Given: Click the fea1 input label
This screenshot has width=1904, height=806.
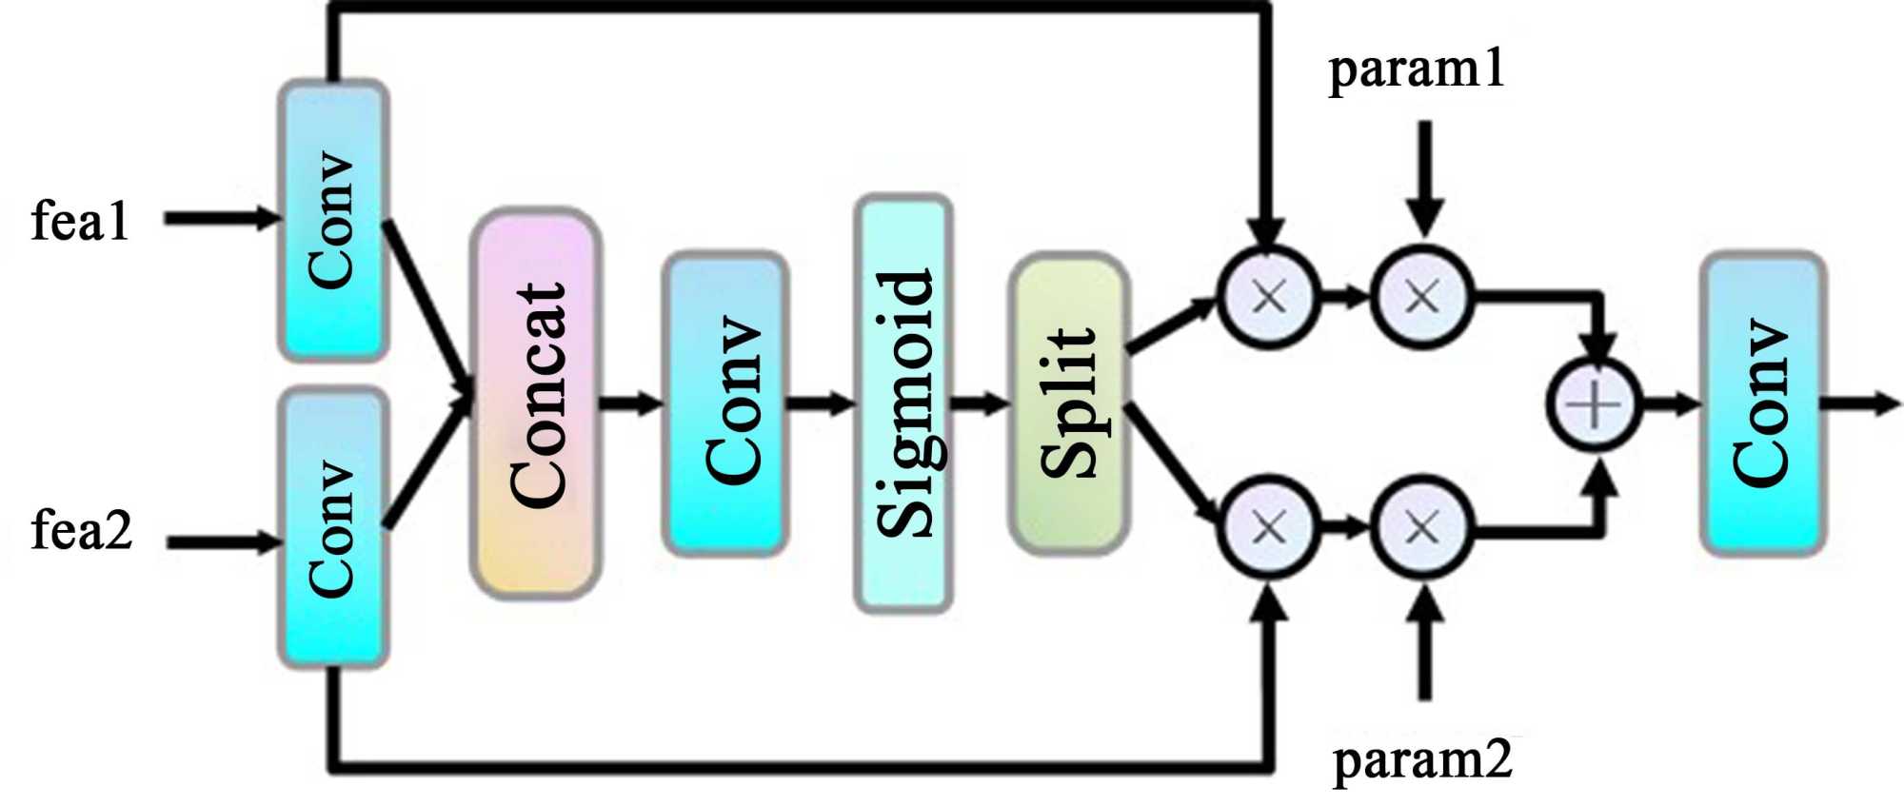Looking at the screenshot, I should click(80, 221).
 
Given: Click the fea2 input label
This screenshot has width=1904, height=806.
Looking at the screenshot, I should click(82, 530).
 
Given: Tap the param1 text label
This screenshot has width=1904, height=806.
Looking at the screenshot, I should click(1417, 70).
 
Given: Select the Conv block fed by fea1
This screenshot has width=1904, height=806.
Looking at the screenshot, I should click(332, 220).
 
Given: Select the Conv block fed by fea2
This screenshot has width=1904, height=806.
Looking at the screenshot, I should click(332, 528).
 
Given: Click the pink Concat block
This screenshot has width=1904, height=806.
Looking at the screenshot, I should click(536, 403).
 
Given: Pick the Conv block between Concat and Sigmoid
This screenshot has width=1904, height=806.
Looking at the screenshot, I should click(726, 403).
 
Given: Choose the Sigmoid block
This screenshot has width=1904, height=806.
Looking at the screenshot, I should click(903, 403).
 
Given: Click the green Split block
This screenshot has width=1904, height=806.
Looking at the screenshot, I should click(1069, 403).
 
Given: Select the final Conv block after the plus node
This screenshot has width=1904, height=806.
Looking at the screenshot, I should click(1762, 403).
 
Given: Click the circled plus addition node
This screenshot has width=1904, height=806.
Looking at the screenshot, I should click(1594, 403).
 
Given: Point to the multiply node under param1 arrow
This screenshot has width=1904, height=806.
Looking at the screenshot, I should click(1422, 297).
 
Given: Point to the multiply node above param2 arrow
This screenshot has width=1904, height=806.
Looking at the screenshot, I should click(1422, 526).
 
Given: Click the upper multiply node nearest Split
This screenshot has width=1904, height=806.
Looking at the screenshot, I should click(1269, 297).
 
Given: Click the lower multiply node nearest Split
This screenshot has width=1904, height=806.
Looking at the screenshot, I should click(1269, 526).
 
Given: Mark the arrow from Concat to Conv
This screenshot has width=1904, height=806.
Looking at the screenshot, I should click(631, 403).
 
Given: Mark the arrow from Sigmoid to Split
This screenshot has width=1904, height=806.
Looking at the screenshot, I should click(981, 403).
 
